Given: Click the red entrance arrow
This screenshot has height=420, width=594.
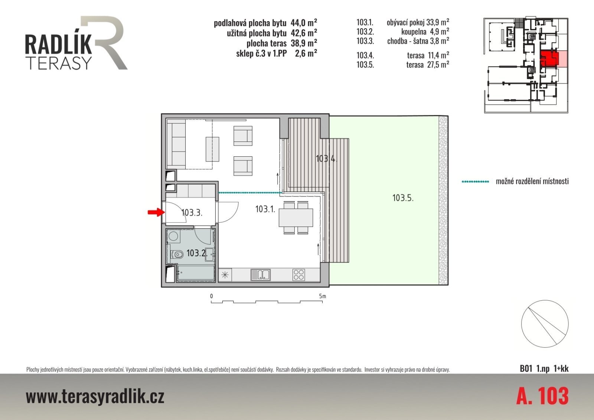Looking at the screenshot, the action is point(156,212).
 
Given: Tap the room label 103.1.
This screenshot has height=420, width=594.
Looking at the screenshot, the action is point(265,209).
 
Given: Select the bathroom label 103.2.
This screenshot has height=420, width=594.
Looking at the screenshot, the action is point(197,253).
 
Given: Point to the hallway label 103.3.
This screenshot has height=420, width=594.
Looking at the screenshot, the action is point(192,212).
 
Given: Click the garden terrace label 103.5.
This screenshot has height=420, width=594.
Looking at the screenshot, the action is point(403,198).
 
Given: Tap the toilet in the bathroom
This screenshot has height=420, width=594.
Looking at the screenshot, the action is point(177,255).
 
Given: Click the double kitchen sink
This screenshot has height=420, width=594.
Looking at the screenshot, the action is point(260,275).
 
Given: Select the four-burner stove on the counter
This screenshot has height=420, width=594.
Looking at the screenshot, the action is point(298,275).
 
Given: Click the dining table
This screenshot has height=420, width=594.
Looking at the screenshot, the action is point(296,218).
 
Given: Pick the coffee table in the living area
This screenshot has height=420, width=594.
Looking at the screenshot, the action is point(212,149).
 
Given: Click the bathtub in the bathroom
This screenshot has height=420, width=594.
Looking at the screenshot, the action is point(195,273).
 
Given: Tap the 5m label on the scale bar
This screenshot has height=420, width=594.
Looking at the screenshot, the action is point(323,296).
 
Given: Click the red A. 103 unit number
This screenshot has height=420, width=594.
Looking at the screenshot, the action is point(542,396).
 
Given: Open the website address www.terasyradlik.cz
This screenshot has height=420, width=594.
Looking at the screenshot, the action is point(95,396).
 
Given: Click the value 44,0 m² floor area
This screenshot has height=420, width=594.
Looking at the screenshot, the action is point(304,23).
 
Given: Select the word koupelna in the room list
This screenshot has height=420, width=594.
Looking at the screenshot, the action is point(414,32).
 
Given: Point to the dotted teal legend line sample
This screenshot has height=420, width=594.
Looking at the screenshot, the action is point(475,182).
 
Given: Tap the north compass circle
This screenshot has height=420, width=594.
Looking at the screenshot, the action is point(545,324).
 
